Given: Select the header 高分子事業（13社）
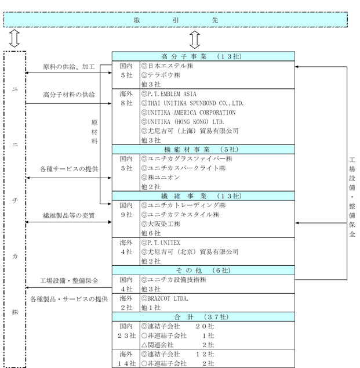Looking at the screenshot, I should pos(203,56).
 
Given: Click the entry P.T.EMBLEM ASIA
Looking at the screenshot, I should pos(172,94).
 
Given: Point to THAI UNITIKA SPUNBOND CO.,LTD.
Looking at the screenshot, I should pos(195,103).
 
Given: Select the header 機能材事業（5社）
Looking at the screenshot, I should pos(203,149).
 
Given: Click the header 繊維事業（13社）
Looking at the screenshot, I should pos(203,196).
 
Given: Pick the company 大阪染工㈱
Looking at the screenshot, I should pos(165,223).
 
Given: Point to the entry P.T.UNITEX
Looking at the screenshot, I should pos(164,242).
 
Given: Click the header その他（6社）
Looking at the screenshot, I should pos(203,270).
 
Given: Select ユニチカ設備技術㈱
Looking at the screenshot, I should pos(177,279).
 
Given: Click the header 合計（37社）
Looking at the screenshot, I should pos(203,316).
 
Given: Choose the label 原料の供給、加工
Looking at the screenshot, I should pos(70,67).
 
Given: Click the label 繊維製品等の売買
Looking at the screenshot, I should pos(69,215).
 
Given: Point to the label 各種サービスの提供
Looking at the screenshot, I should pos(69,168).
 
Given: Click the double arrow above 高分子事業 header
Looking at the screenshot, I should pos(195,39).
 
